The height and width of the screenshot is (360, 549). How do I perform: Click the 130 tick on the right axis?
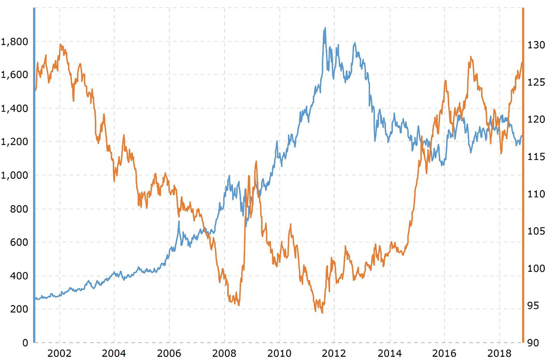pyautogui.click(x=535, y=45)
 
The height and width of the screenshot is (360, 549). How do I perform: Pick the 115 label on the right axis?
pyautogui.click(x=535, y=157)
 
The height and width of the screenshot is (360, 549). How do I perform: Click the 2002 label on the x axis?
pyautogui.click(x=60, y=352)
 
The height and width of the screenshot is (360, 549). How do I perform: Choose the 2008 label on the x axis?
pyautogui.click(x=224, y=352)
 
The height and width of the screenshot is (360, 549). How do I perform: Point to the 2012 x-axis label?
pyautogui.click(x=334, y=352)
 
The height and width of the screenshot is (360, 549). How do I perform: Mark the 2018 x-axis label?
pyautogui.click(x=499, y=352)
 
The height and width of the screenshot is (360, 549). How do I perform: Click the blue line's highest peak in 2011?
pyautogui.click(x=325, y=28)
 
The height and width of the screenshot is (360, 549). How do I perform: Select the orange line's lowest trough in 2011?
pyautogui.click(x=322, y=313)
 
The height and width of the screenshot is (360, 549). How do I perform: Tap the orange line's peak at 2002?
pyautogui.click(x=61, y=44)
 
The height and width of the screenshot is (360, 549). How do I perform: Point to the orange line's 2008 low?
pyautogui.click(x=239, y=306)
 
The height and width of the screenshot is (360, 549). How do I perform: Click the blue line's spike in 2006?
pyautogui.click(x=179, y=221)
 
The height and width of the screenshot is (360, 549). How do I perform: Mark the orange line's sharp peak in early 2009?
pyautogui.click(x=256, y=161)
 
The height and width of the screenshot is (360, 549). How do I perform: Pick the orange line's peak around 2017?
pyautogui.click(x=471, y=57)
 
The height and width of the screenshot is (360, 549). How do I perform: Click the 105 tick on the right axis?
pyautogui.click(x=535, y=231)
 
